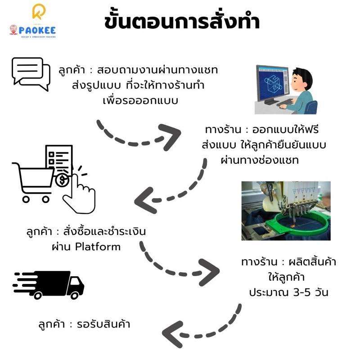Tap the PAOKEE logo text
(x=37, y=30)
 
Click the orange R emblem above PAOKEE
(x=39, y=12)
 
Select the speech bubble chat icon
(x=31, y=74)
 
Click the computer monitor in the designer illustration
(x=273, y=85)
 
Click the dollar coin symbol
(x=62, y=180)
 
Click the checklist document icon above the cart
(x=59, y=158)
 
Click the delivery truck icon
(x=49, y=285)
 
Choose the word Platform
(x=98, y=247)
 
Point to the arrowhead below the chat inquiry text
(x=170, y=137)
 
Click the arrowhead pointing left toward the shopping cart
(x=144, y=200)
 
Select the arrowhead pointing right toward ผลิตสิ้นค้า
(x=209, y=272)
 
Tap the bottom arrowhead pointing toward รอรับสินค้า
(x=173, y=334)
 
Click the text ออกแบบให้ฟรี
(x=285, y=130)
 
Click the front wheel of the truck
(x=75, y=295)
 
